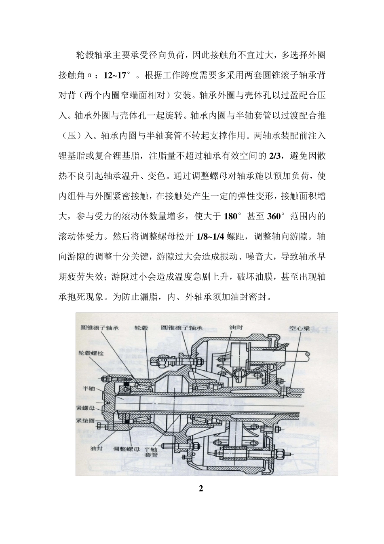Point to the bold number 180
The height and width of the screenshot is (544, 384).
point(230,216)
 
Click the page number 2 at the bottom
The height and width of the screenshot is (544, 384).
point(201,488)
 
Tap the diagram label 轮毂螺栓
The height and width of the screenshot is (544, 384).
point(91,353)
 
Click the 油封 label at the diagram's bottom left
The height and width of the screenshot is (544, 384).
point(97,449)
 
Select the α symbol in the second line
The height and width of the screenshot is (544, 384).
point(89,75)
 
